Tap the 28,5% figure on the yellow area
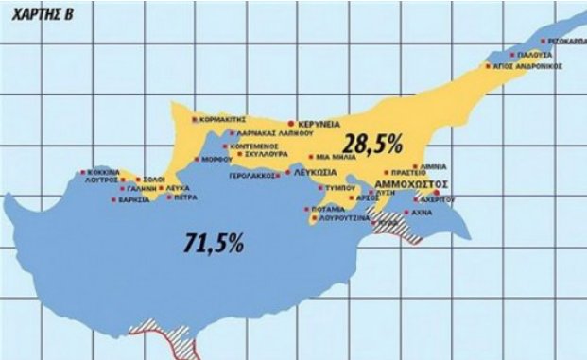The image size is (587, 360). point(372,145)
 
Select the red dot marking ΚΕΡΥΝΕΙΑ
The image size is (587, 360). point(293,124)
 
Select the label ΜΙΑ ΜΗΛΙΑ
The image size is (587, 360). point(336,158)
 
